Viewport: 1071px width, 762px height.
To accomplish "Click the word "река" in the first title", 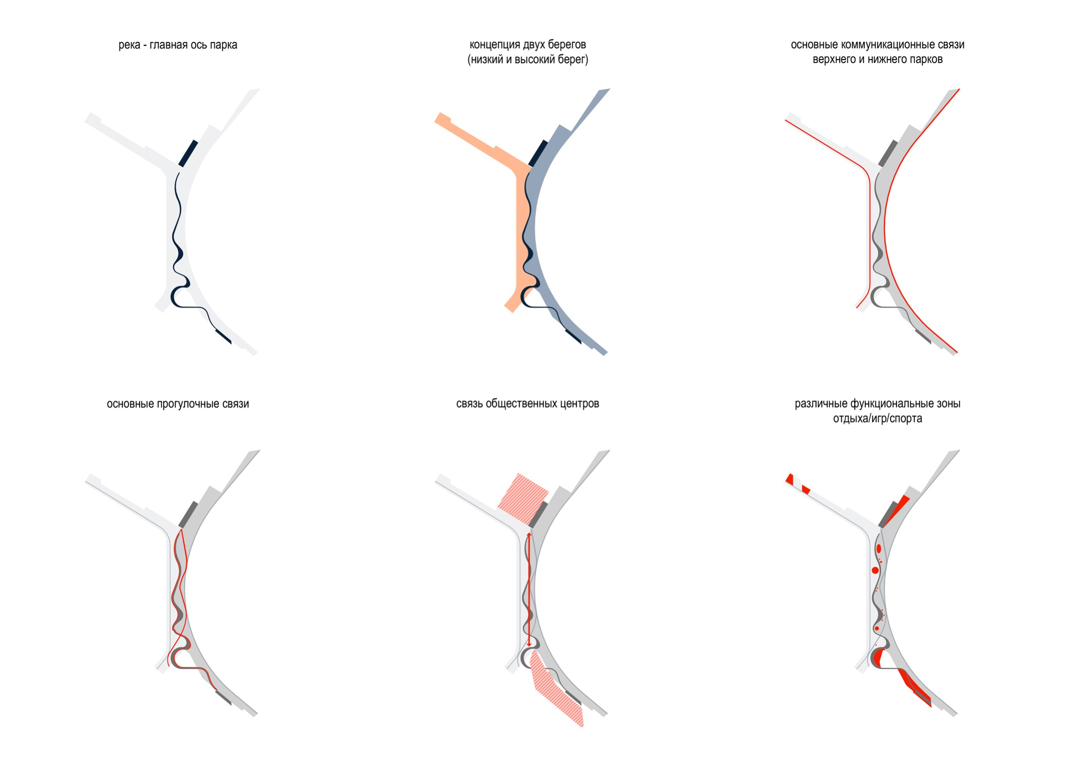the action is click(128, 45).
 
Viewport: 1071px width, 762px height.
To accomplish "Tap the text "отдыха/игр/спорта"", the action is click(877, 419).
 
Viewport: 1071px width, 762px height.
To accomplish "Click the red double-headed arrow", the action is click(529, 589).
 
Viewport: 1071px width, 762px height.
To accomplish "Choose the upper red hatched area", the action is click(523, 499).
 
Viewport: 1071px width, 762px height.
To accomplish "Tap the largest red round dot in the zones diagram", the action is click(875, 570).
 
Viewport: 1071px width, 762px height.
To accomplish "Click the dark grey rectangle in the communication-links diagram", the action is click(889, 153).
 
